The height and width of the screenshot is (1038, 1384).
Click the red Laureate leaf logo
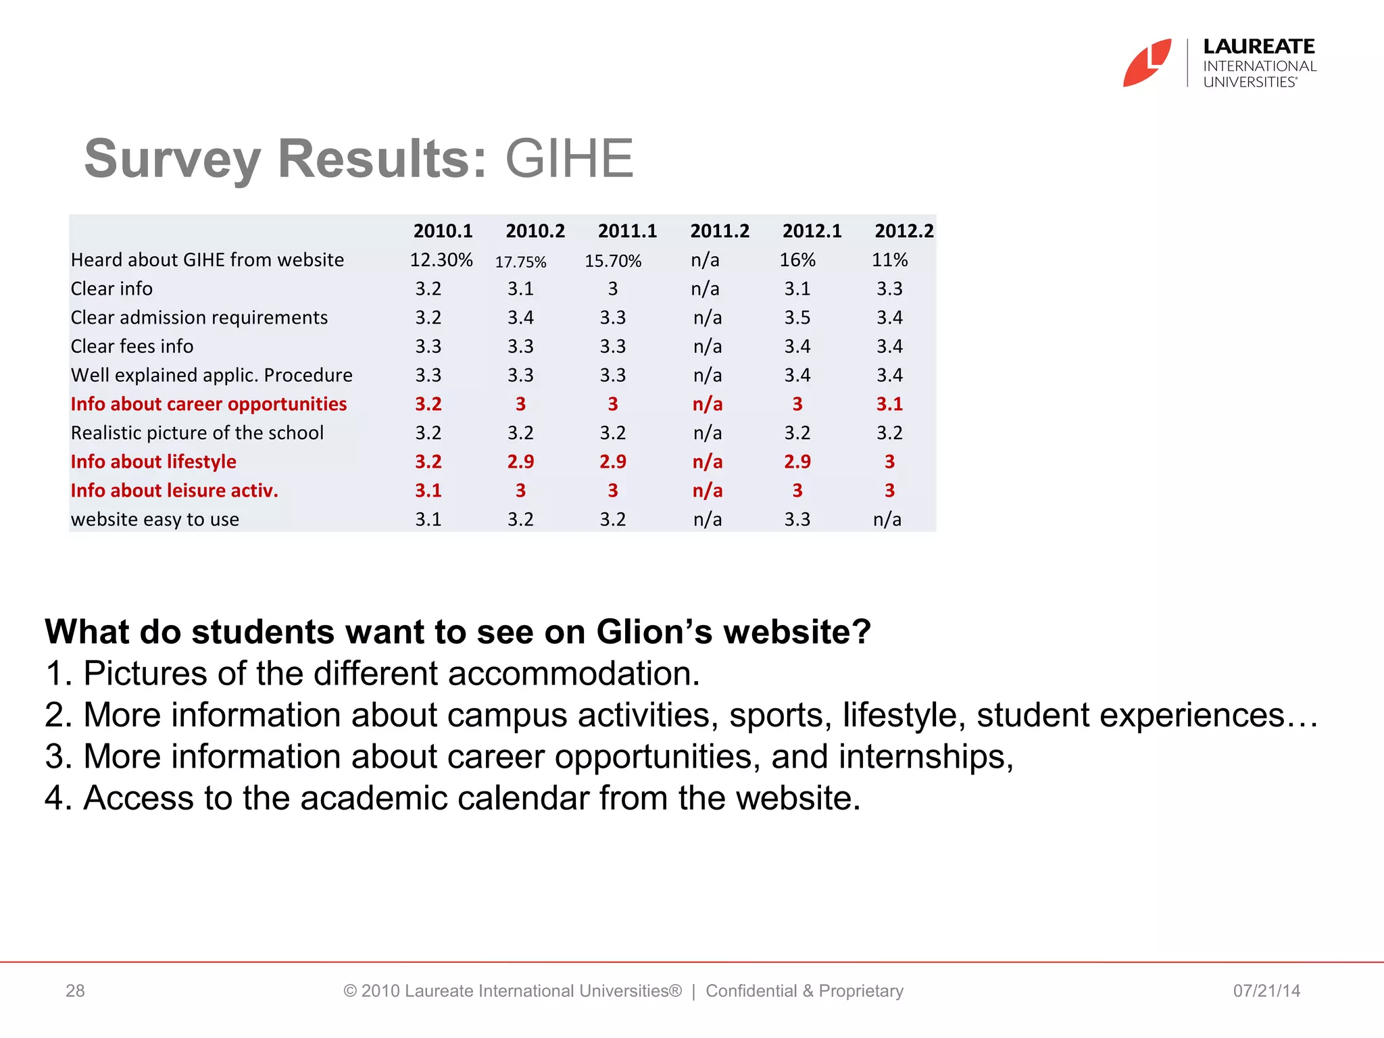pos(1147,63)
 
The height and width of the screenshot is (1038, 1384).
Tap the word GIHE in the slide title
pos(569,159)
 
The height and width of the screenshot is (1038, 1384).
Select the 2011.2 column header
pos(720,231)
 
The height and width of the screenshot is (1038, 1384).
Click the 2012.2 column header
pos(904,231)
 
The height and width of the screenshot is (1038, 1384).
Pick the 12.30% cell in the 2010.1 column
pos(441,260)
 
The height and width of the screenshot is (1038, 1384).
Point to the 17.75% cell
pos(520,262)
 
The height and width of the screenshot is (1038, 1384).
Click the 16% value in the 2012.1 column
pos(797,260)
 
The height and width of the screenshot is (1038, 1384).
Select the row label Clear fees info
pos(132,347)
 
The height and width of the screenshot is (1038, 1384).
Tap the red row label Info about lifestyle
pos(154,462)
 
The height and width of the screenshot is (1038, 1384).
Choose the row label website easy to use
pos(155,520)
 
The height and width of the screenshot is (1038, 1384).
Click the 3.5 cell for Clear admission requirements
pos(797,318)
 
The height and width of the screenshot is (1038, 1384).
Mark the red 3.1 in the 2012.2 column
pos(889,404)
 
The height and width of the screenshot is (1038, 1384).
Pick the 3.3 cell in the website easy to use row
pos(797,520)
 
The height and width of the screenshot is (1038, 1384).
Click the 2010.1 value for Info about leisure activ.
pos(428,491)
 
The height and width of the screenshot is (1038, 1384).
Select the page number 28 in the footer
pos(75,991)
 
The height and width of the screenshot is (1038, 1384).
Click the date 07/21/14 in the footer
pos(1266,991)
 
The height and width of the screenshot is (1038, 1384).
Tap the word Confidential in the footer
pos(751,991)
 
